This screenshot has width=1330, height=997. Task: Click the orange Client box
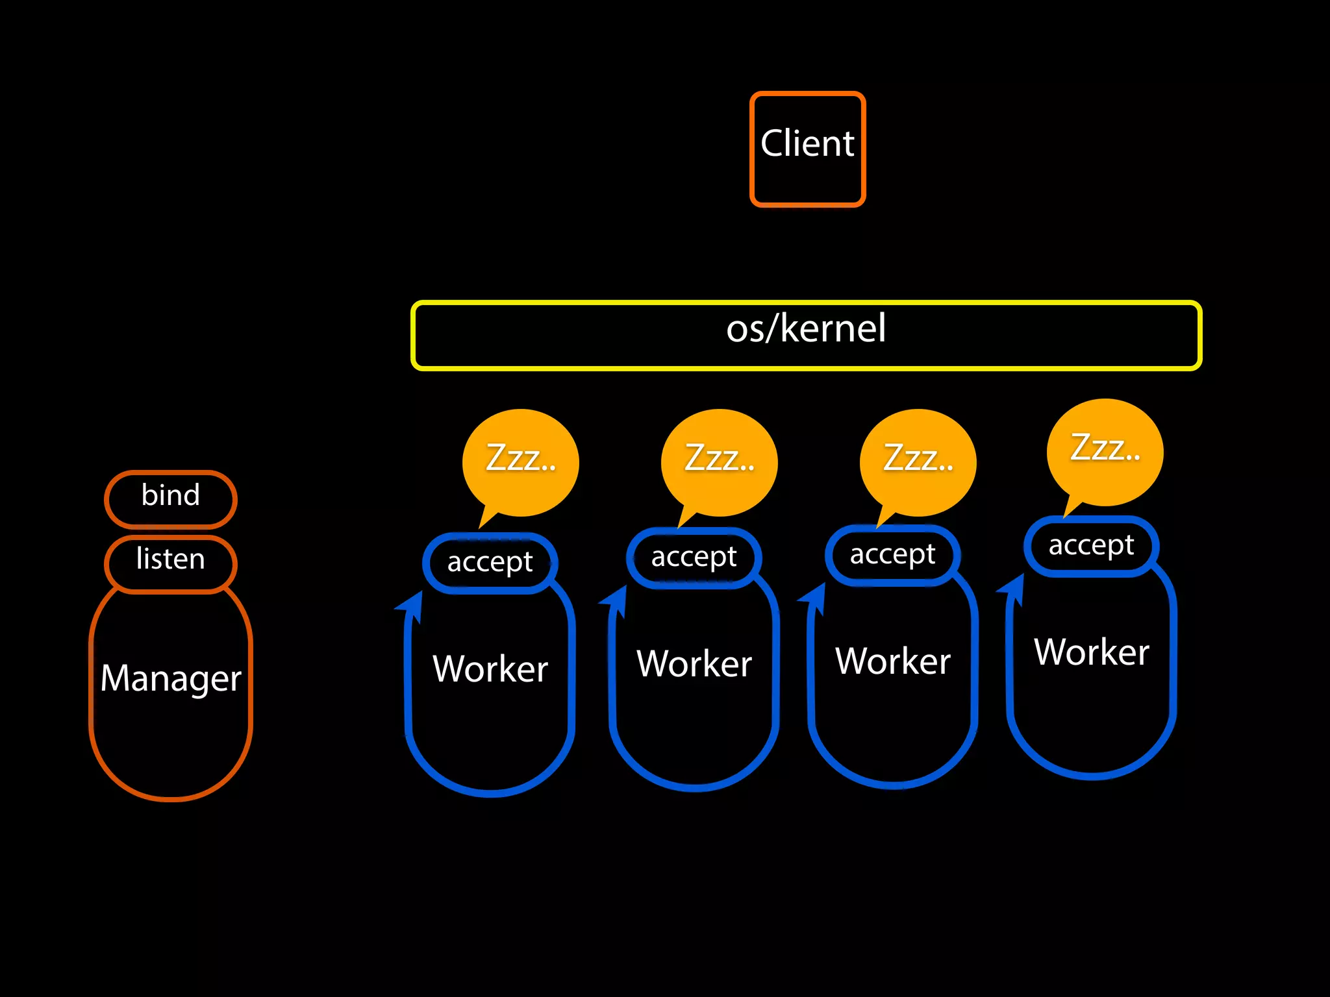(807, 149)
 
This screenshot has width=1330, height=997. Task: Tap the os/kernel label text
(805, 328)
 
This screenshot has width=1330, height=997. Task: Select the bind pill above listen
(171, 497)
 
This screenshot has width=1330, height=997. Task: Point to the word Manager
(171, 678)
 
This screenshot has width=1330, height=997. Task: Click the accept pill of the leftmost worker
(490, 563)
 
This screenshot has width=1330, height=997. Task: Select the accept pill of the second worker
(694, 558)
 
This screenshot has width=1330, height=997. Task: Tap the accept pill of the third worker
(892, 555)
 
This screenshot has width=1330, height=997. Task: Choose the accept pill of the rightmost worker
(1091, 546)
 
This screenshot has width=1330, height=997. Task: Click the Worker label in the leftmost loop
(490, 669)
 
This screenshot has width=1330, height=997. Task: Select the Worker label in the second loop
(694, 663)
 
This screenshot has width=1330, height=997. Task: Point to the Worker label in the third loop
(892, 661)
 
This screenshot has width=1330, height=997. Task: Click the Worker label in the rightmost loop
(1091, 652)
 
